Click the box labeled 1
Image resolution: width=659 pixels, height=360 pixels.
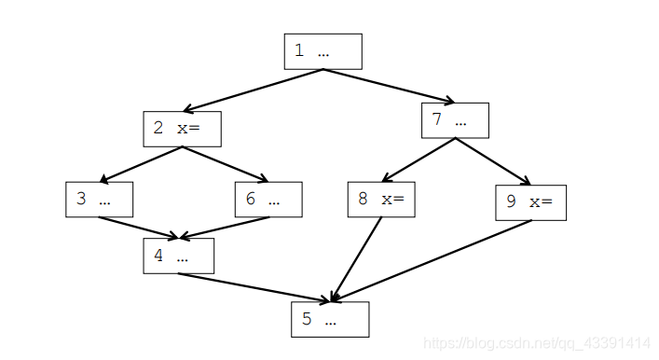[323, 51]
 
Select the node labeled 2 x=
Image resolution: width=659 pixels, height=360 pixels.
[182, 129]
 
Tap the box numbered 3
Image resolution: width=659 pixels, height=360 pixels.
[99, 200]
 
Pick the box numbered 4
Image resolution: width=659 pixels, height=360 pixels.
[178, 256]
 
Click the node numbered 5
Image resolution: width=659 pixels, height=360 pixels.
[330, 319]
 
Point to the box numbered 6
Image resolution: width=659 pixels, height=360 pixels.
[268, 200]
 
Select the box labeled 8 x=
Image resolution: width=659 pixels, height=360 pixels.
[380, 200]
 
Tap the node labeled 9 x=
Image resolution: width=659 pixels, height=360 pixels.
[530, 202]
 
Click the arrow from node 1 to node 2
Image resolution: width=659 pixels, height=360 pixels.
[254, 90]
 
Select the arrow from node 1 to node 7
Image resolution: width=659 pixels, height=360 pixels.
[390, 86]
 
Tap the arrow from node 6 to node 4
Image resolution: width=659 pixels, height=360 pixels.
[227, 228]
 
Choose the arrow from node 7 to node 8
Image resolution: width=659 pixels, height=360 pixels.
[418, 160]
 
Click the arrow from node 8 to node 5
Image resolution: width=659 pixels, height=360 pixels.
[358, 259]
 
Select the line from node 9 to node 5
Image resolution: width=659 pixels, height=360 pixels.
[431, 261]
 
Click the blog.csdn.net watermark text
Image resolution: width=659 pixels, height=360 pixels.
[536, 343]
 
